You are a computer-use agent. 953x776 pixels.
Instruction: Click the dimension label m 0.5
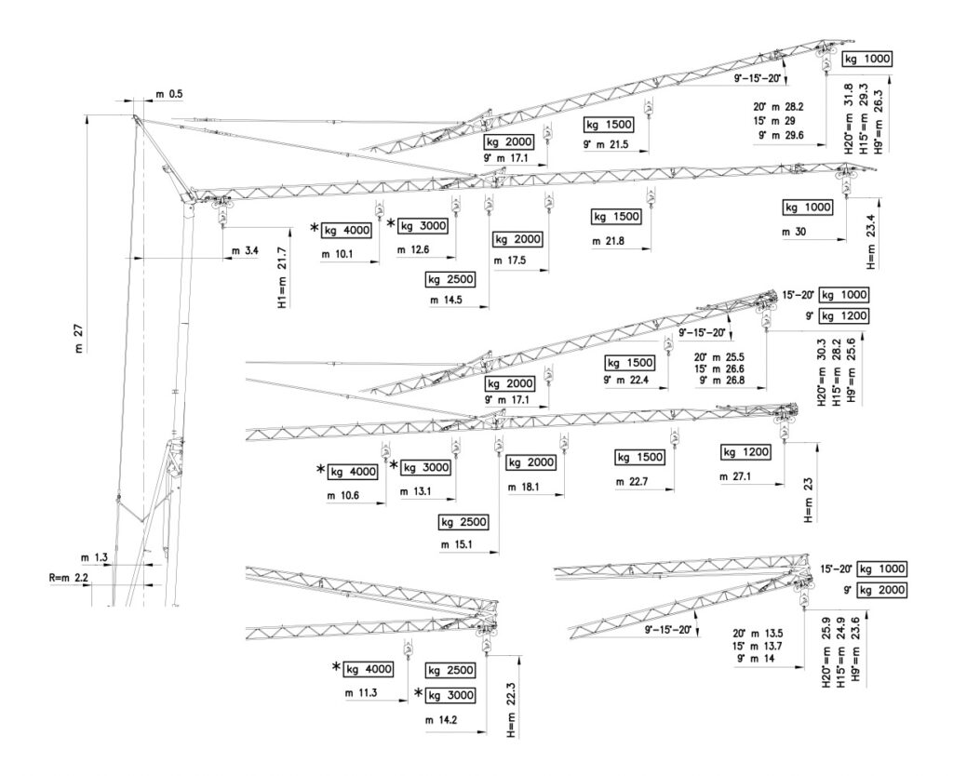coord(168,94)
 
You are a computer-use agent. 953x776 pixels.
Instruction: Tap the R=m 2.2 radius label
coord(69,579)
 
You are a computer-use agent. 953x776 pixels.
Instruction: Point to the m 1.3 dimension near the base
coord(95,557)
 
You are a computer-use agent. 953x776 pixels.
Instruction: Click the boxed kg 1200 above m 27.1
coord(746,452)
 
